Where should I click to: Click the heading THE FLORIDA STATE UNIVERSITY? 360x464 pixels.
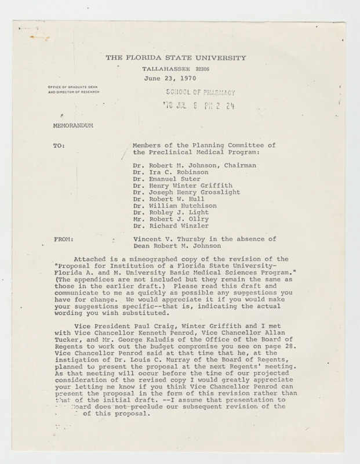coord(176,58)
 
